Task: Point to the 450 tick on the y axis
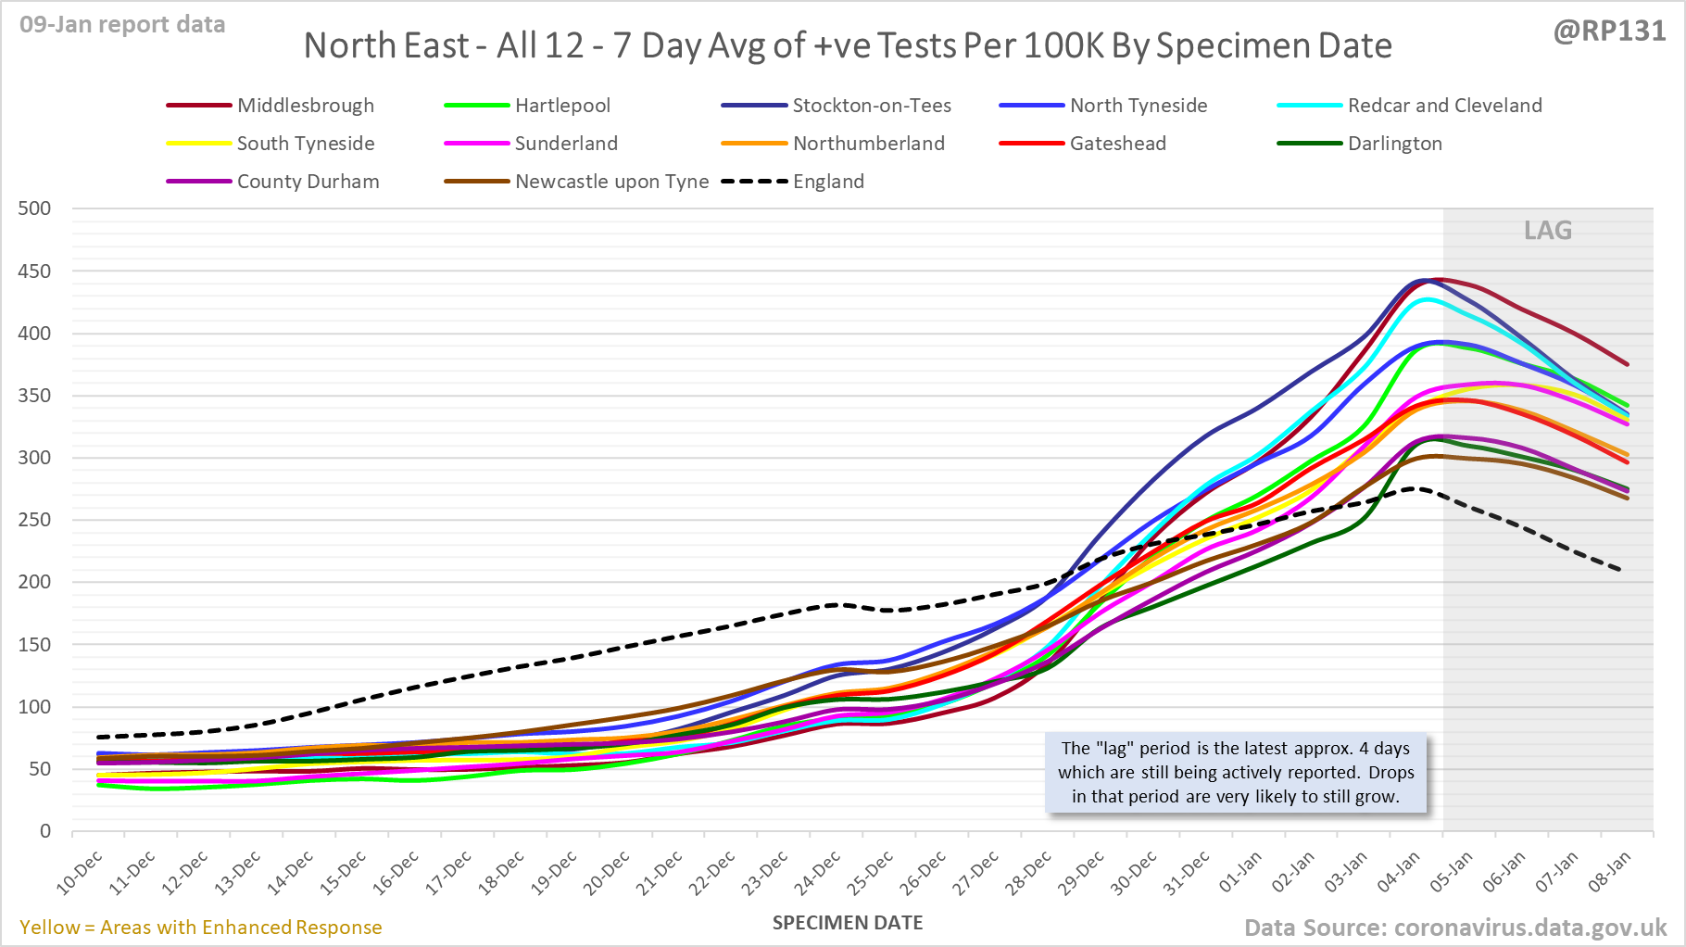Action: point(34,271)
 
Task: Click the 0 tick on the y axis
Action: point(45,831)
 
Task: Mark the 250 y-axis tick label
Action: point(34,520)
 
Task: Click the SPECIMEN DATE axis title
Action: point(848,923)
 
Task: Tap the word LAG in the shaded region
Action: point(1548,231)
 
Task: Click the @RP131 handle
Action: point(1609,31)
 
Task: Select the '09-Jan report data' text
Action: point(122,25)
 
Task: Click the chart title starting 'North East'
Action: point(848,45)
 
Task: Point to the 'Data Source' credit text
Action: point(1454,928)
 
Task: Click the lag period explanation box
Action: point(1236,772)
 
